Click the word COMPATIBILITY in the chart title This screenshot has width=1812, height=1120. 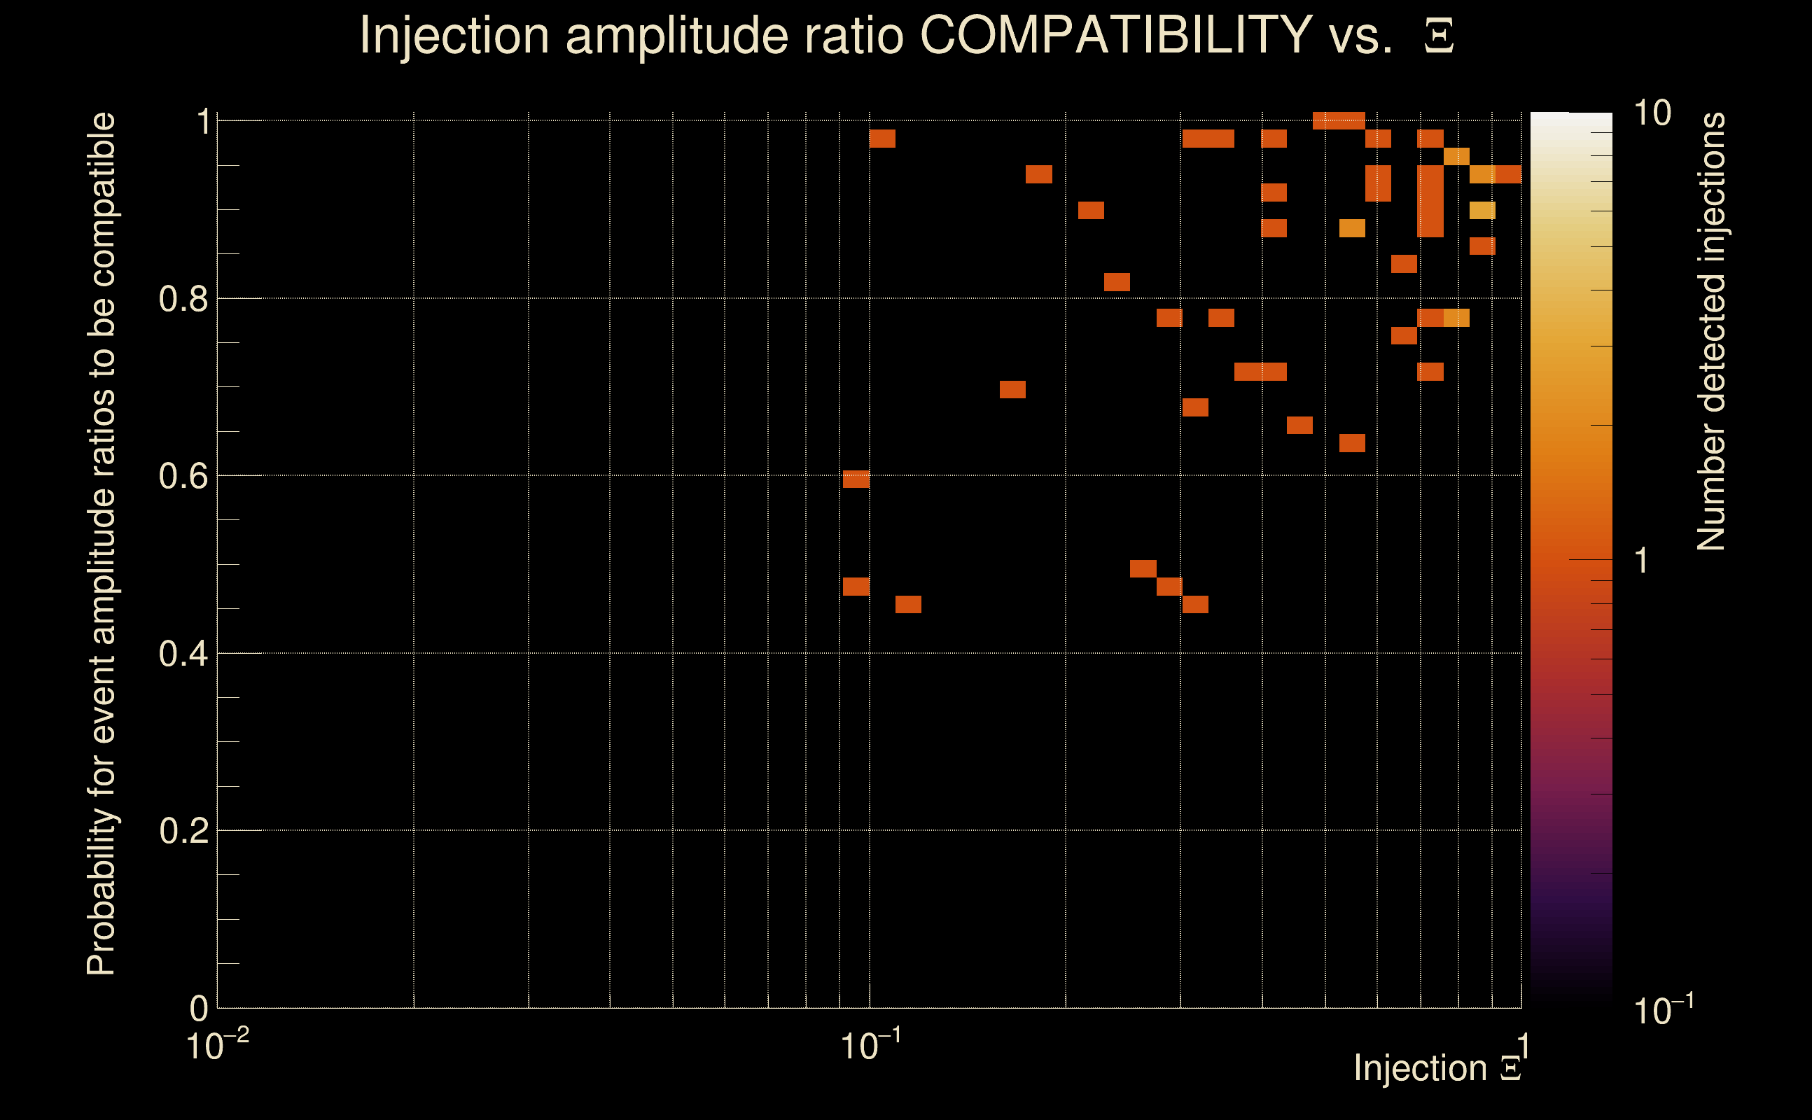1115,35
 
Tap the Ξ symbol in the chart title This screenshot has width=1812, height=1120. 1439,36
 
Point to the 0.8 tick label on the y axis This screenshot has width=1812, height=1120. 183,300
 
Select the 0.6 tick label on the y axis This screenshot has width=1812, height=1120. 183,476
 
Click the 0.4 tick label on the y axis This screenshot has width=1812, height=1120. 183,654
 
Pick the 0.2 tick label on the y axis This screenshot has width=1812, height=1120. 183,831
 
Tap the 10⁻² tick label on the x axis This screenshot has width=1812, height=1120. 216,1046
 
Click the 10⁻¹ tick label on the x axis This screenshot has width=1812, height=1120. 870,1046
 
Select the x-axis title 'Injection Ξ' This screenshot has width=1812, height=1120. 1437,1068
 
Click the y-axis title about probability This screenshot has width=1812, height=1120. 102,545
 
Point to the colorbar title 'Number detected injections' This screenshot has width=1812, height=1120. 1710,332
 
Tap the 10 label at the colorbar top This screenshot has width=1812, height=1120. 1652,113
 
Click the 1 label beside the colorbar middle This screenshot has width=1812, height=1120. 1642,561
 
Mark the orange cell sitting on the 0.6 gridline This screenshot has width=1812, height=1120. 856,479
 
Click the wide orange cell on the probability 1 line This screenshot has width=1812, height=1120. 1339,120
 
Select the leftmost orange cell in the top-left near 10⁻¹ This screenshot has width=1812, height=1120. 882,139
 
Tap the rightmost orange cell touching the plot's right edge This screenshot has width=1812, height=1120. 1508,175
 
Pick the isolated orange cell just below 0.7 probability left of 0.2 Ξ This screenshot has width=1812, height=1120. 1012,390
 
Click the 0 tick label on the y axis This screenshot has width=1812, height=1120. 199,1009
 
